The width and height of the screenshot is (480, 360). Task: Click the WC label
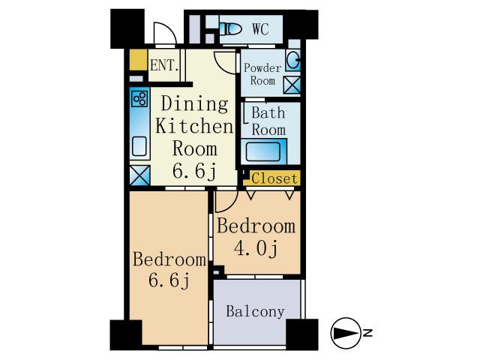pyautogui.click(x=260, y=29)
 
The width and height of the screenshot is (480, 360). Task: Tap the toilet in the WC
pyautogui.click(x=232, y=30)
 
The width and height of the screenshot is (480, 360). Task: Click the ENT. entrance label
pyautogui.click(x=163, y=65)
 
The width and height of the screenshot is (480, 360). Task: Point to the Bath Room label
pyautogui.click(x=268, y=121)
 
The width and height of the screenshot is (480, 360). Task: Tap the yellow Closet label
pyautogui.click(x=274, y=178)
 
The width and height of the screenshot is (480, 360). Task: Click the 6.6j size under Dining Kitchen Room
pyautogui.click(x=193, y=170)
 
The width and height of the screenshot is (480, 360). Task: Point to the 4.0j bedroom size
pyautogui.click(x=256, y=248)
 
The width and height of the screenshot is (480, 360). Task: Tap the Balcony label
pyautogui.click(x=255, y=311)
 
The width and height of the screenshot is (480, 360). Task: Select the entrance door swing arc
pyautogui.click(x=164, y=34)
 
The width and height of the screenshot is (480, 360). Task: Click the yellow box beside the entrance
pyautogui.click(x=137, y=59)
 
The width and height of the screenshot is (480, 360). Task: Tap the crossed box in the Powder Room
pyautogui.click(x=291, y=85)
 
